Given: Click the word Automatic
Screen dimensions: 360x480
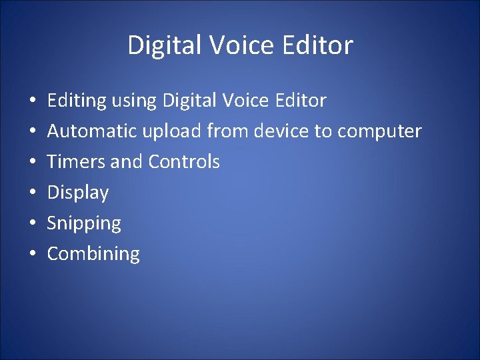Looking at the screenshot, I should coord(93,131).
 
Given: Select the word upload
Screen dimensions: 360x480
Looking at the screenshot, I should coord(172,131).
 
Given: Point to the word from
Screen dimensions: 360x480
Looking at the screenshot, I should coord(227,131).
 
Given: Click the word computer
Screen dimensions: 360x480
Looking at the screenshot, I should coord(379,132).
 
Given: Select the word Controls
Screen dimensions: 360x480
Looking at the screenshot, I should coord(184,162).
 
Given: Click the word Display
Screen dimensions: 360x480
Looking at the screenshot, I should coord(77,193).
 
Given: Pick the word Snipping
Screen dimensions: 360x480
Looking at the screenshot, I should coord(84,224).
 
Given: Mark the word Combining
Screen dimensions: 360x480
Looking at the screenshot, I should coord(93,254).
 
